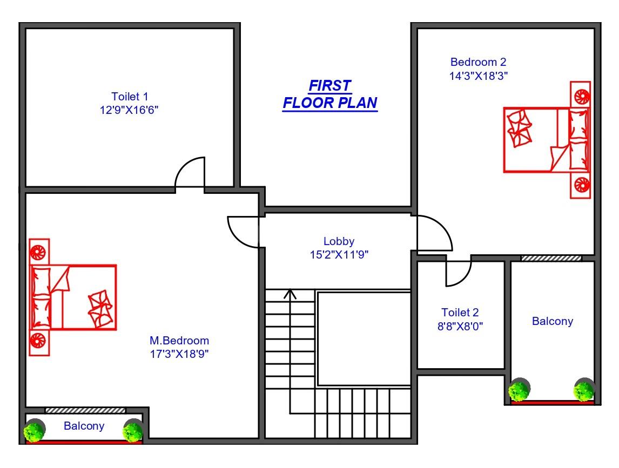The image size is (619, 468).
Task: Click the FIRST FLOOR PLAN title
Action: point(330,94)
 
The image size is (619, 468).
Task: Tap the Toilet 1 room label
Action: point(130,97)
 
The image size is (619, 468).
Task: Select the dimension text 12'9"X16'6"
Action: point(129,110)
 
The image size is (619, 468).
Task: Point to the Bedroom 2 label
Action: point(478,62)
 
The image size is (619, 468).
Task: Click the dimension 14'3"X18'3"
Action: point(479,76)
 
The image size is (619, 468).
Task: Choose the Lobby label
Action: point(339,241)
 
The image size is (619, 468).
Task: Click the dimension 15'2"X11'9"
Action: point(339,255)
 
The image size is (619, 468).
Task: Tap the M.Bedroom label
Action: point(179,341)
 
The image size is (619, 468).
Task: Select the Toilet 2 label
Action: point(460,313)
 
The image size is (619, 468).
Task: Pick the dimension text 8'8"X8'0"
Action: point(460,327)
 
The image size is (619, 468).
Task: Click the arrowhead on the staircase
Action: point(290,294)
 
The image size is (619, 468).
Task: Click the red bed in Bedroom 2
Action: point(546,140)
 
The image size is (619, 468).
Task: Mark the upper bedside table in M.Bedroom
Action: point(39,252)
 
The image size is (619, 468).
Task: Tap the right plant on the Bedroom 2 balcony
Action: point(584,390)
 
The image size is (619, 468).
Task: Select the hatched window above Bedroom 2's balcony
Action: point(551,258)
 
